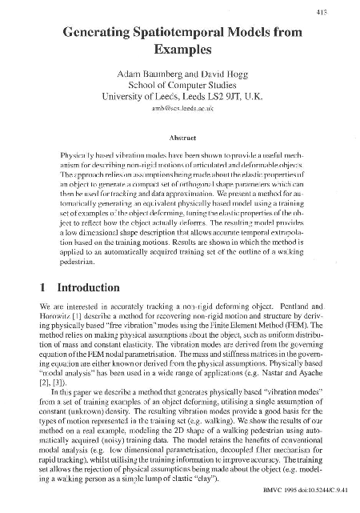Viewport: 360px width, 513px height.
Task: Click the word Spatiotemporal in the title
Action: coord(186,34)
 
